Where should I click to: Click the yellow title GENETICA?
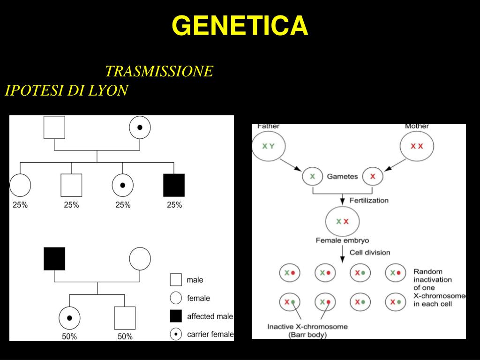click(240, 25)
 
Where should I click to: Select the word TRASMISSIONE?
click(159, 71)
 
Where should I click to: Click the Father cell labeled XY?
click(269, 146)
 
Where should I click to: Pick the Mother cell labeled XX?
click(417, 146)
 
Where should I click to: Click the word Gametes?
click(342, 177)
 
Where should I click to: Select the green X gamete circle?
click(312, 177)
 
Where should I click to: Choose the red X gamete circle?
click(373, 177)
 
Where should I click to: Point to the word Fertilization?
click(369, 201)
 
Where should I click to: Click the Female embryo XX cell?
click(342, 221)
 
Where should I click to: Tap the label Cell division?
click(370, 253)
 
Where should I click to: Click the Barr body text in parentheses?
click(307, 335)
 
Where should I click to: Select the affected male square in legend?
click(176, 316)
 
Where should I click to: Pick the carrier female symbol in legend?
click(176, 334)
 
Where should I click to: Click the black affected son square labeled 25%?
click(174, 185)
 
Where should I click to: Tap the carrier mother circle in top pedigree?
click(140, 127)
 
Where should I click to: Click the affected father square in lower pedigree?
click(54, 259)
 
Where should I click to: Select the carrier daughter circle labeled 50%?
click(69, 318)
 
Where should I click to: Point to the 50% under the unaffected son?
click(125, 337)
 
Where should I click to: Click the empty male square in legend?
click(176, 279)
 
